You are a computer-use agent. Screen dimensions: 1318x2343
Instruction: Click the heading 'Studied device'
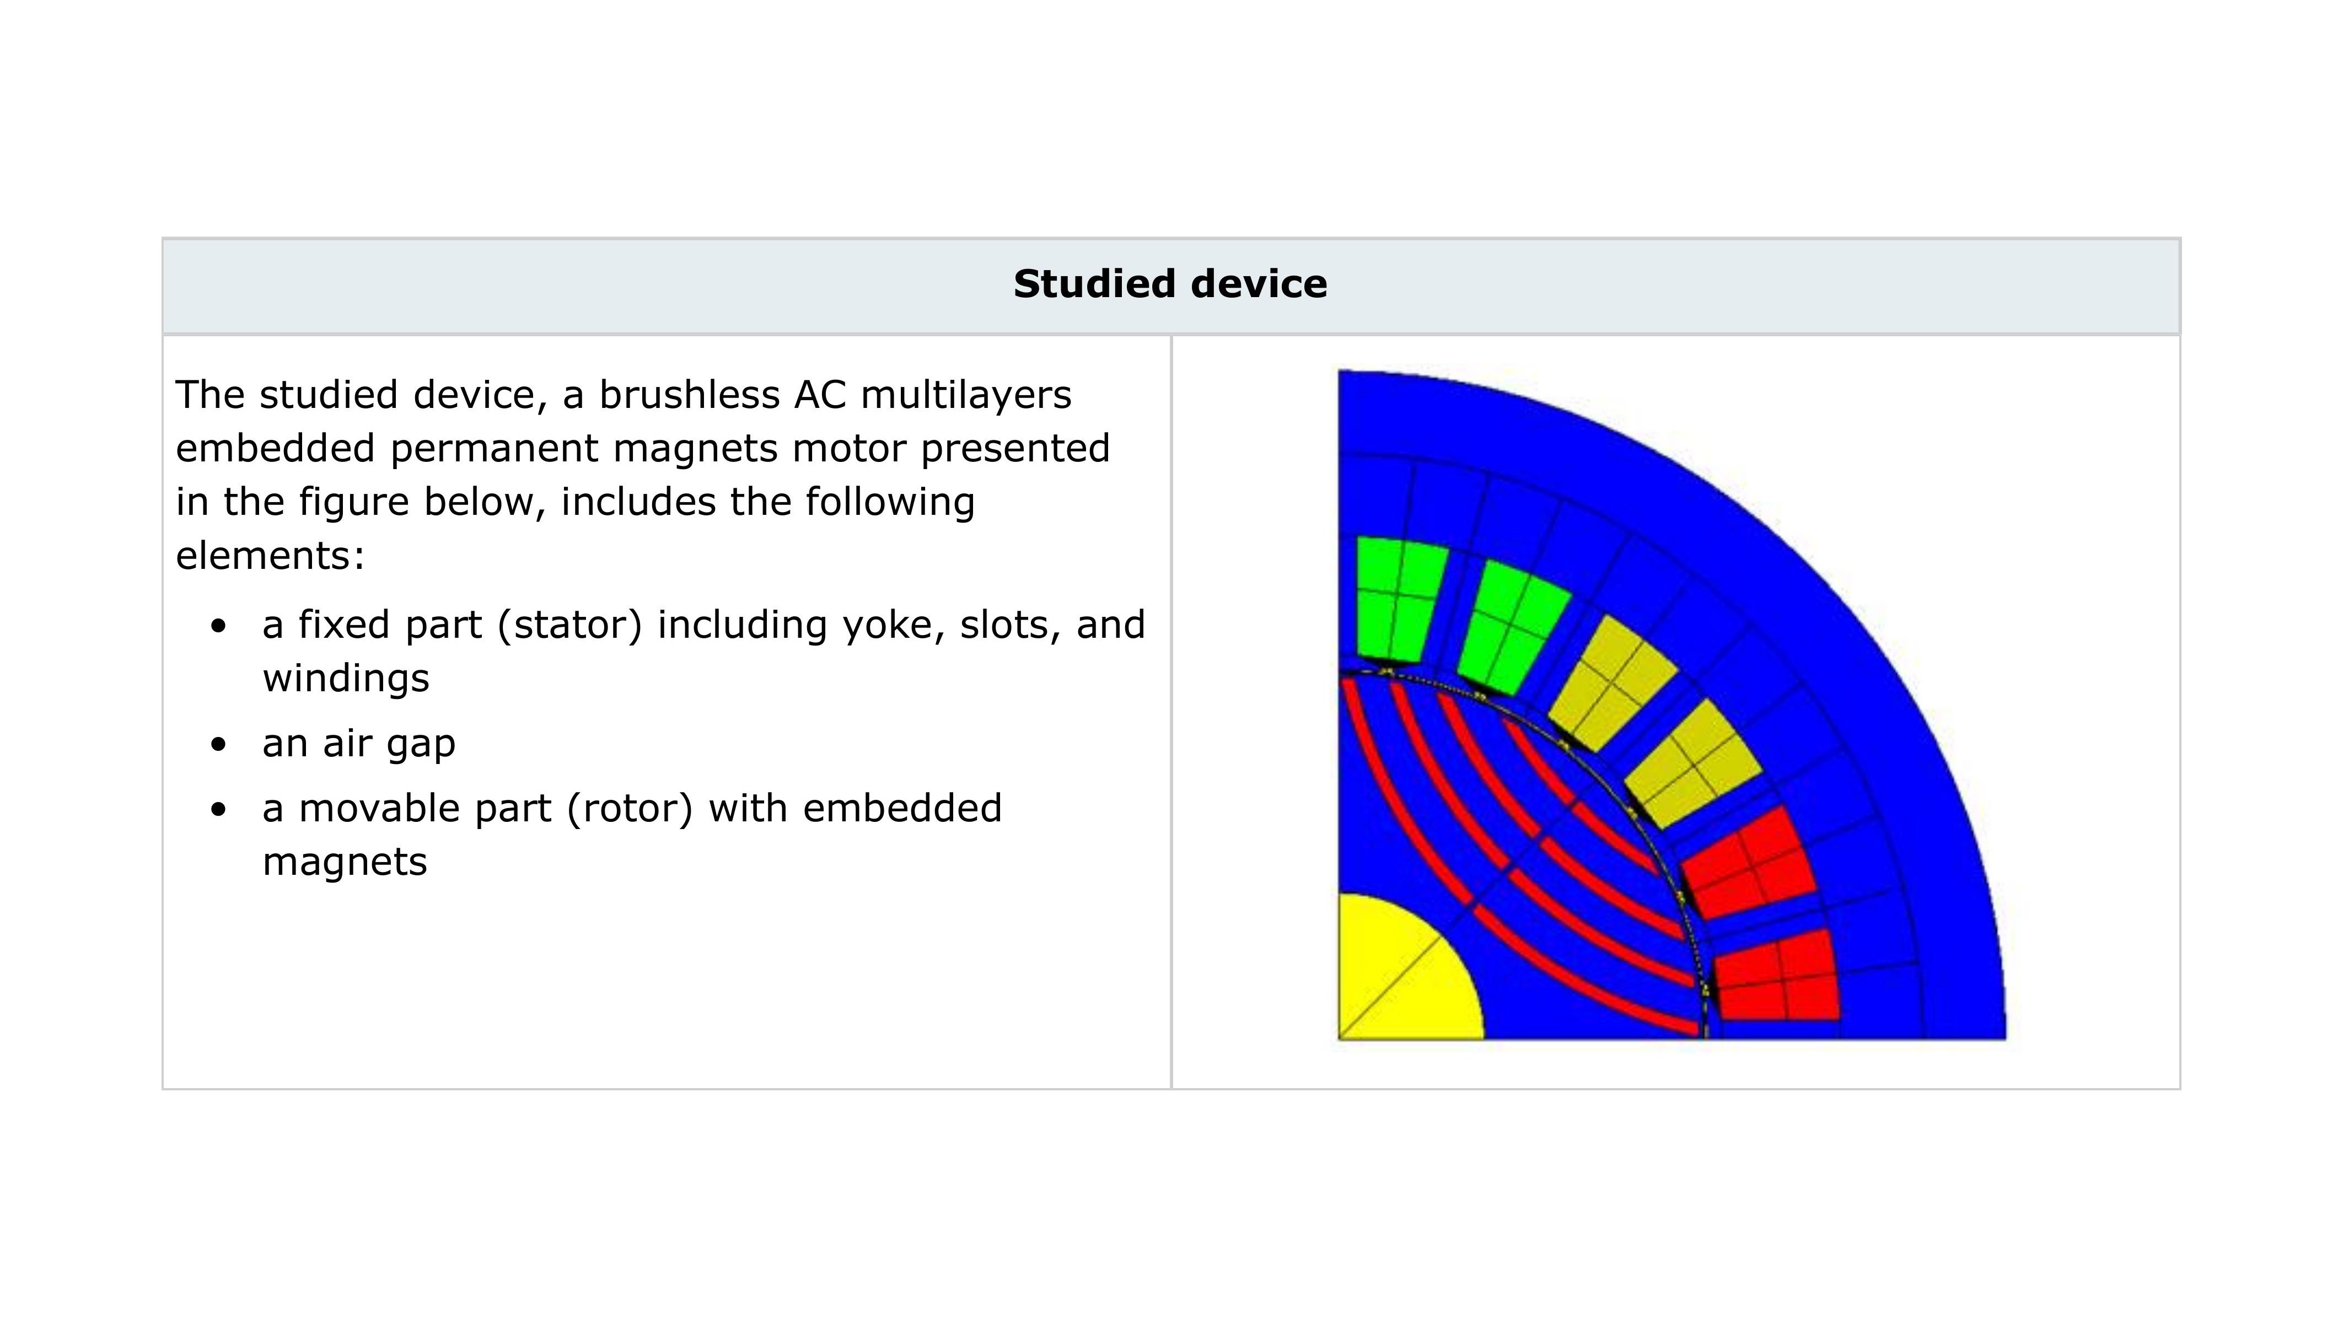coord(1170,284)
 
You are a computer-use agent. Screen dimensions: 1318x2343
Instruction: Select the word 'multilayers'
coord(966,395)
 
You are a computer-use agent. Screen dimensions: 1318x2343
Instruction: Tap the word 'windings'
coord(346,679)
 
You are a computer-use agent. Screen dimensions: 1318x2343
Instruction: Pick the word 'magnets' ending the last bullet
coord(345,862)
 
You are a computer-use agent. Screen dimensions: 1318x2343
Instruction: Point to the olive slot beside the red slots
coord(1692,764)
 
